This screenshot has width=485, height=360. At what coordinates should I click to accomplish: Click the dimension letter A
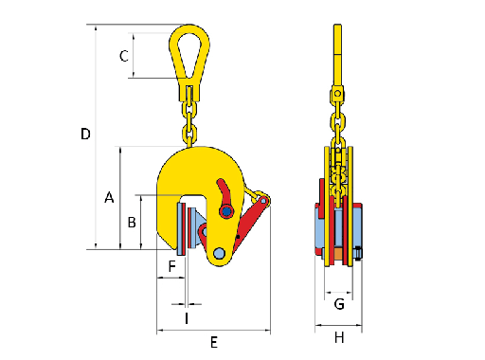(x=109, y=197)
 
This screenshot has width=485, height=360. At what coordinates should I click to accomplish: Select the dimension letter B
(x=132, y=223)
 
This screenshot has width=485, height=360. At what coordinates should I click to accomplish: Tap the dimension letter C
(x=124, y=56)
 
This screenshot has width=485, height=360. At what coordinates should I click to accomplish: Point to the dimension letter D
(x=85, y=134)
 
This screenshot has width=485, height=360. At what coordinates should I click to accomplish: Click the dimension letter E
(x=214, y=342)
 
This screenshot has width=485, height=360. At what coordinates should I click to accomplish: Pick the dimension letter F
(x=171, y=266)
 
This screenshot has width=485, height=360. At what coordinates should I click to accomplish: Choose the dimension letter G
(x=339, y=304)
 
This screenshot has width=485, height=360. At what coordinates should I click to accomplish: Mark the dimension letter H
(x=339, y=338)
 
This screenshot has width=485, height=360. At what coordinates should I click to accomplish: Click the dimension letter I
(x=187, y=318)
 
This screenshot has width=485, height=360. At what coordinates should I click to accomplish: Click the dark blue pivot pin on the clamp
(x=226, y=211)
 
